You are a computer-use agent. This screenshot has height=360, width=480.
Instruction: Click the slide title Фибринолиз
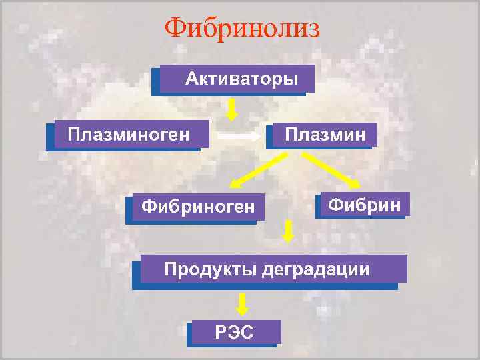[242, 28]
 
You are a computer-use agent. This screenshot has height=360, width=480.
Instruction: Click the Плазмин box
[325, 135]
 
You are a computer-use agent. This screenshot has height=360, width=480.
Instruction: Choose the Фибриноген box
[193, 208]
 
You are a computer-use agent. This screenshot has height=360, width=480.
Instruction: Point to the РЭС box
[235, 332]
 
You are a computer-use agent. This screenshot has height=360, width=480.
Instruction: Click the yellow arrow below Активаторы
[231, 109]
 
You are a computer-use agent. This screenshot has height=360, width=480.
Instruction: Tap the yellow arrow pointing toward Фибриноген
[257, 169]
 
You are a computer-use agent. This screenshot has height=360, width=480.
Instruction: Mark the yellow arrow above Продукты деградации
[289, 231]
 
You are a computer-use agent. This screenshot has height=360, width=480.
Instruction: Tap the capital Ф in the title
[175, 28]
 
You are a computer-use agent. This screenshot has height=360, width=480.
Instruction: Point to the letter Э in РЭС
[234, 332]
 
